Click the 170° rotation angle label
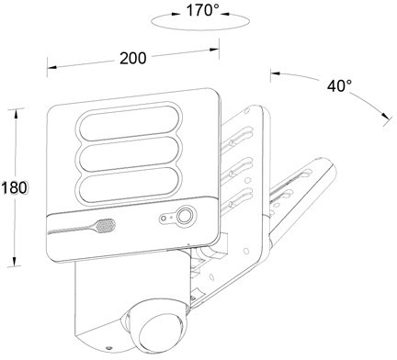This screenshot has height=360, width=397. pos(203,10)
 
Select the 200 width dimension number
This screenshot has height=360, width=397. pos(133,58)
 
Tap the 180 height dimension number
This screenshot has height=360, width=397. pos(14,187)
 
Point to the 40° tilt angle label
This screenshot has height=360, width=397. pos(339,86)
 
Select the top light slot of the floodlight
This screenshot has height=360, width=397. pos(130,120)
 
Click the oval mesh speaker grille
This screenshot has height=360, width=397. pos(106,226)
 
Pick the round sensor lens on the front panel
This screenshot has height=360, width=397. pos(185,216)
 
